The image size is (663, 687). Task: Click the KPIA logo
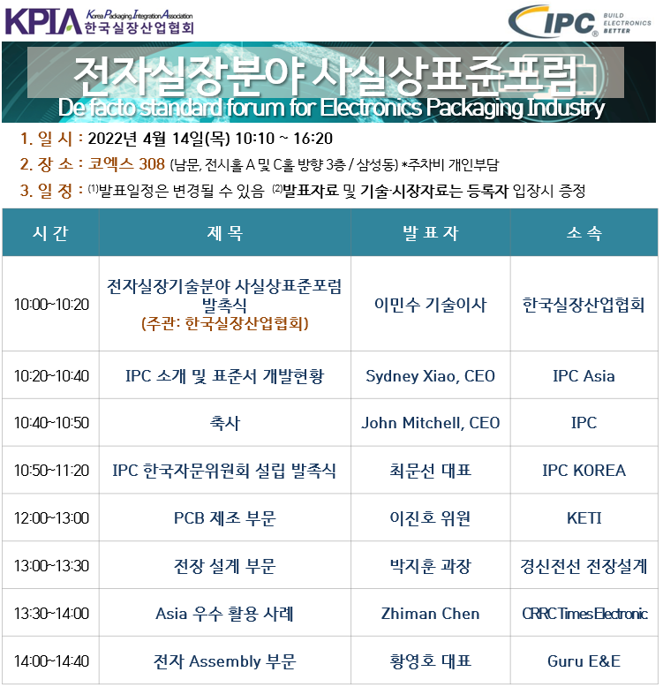99,22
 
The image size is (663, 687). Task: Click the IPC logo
579,21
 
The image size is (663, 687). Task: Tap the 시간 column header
50,232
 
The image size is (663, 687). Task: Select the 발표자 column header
431,232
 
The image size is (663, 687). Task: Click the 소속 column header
584,232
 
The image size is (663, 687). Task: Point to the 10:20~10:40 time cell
51,376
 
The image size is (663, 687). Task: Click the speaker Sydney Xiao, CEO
431,376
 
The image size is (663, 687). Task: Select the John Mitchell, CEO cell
431,423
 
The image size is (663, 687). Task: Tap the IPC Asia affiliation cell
584,376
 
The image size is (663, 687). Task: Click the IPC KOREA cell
584,470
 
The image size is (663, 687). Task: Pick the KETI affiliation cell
584,517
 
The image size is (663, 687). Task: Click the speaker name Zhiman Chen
431,614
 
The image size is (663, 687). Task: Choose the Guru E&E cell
584,661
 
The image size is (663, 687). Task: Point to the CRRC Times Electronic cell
584,614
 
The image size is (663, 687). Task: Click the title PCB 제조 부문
224,517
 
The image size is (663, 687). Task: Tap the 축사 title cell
224,423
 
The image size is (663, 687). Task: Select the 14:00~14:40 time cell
51,661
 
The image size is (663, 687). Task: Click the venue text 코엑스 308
126,164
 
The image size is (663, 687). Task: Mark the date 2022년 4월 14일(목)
159,139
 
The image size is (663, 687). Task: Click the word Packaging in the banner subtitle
475,108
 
